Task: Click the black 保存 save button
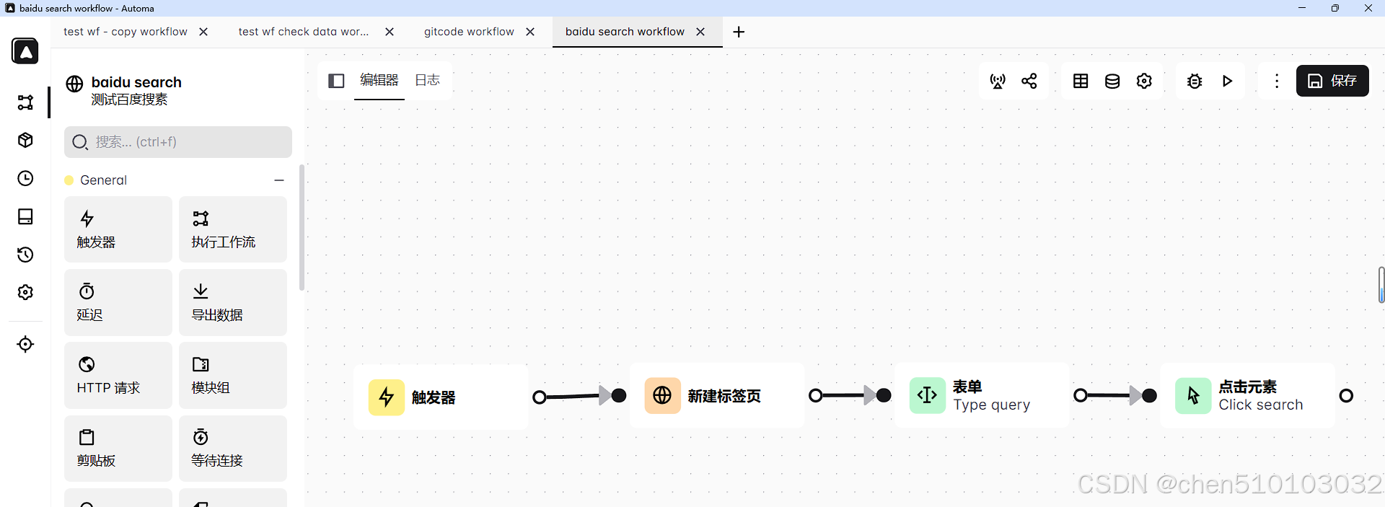click(x=1332, y=81)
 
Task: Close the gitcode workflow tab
click(x=530, y=32)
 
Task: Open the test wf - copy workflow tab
click(x=126, y=32)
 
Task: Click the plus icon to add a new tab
click(x=739, y=32)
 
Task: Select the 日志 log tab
click(x=427, y=80)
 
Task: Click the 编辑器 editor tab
click(x=379, y=80)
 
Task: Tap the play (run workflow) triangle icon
click(x=1227, y=81)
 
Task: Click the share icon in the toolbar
click(x=1029, y=81)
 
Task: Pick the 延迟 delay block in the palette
click(x=118, y=302)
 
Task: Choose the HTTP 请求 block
click(x=118, y=375)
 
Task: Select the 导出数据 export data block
click(x=232, y=302)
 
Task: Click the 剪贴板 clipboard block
click(x=118, y=448)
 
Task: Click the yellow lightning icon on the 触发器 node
click(x=387, y=397)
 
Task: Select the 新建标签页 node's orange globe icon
click(x=662, y=395)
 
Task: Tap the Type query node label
click(x=991, y=405)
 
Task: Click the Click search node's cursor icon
click(x=1193, y=395)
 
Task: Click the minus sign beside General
click(x=279, y=180)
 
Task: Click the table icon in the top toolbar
click(x=1081, y=81)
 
